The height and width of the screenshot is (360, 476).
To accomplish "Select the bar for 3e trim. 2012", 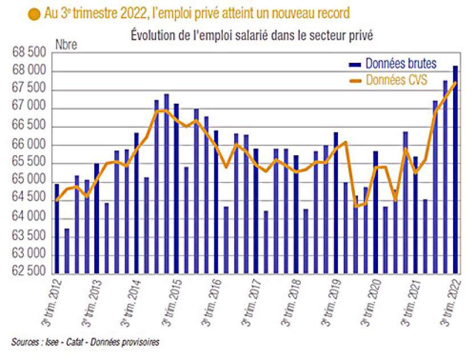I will click(56, 228).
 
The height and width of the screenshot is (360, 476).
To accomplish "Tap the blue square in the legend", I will click(355, 63).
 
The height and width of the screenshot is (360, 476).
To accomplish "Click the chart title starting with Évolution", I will click(251, 35).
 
